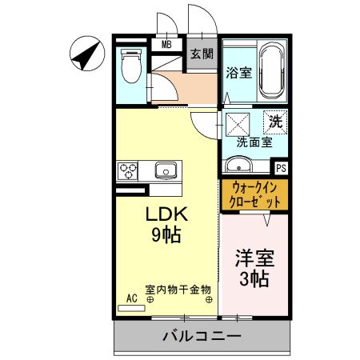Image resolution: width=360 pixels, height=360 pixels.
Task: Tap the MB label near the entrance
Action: [x=167, y=44]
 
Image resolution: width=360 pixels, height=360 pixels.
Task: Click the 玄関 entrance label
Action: [x=202, y=54]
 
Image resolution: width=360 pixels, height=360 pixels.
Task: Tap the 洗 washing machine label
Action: [x=275, y=122]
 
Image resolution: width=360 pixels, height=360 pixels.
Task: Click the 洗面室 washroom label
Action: [x=254, y=142]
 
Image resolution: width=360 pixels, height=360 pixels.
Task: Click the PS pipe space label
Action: [x=281, y=168]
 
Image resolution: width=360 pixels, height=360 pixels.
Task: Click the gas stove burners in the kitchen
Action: [x=128, y=170]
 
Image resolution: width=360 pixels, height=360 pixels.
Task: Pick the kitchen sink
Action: [x=166, y=170]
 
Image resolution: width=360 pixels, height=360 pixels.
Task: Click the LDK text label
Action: [x=166, y=214]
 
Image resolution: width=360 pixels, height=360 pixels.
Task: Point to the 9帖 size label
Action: [x=166, y=234]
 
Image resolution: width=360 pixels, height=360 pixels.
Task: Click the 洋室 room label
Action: [x=254, y=258]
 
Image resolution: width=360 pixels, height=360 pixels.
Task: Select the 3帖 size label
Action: [x=254, y=279]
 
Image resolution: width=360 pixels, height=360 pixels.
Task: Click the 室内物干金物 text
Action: [x=178, y=290]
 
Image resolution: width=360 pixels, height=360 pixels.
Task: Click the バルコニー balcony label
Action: [x=202, y=336]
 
